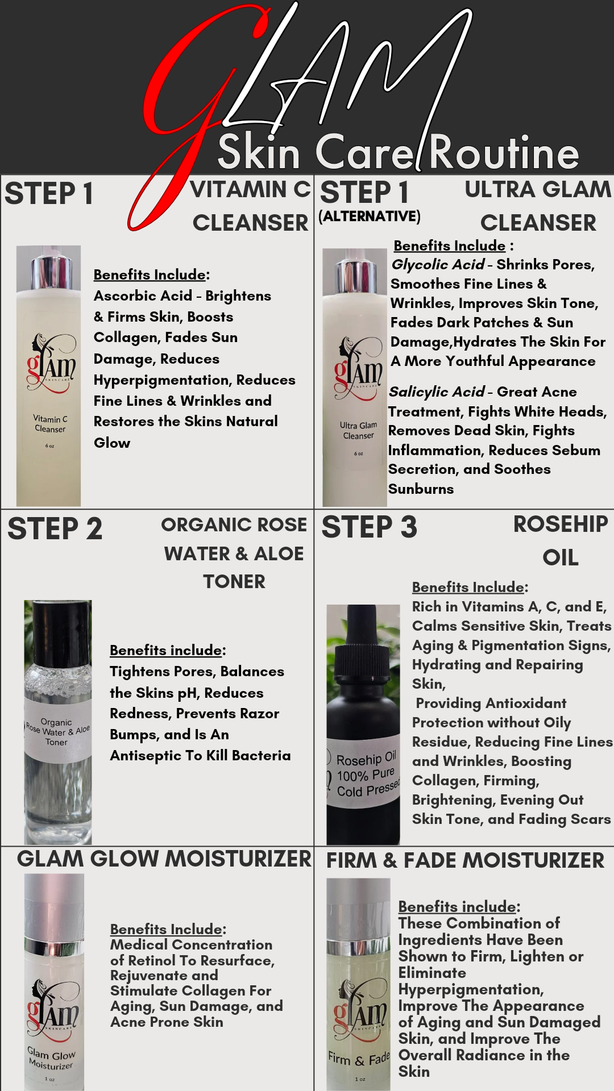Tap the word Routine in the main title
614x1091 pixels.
503,153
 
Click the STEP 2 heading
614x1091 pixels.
55,528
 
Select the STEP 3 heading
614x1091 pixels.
369,527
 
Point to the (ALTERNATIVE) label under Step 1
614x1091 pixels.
370,216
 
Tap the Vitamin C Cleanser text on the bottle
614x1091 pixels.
50,424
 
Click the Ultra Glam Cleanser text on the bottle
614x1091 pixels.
358,430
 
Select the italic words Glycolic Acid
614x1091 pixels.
438,265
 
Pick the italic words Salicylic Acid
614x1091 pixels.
437,392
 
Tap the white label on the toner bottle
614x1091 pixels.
57,732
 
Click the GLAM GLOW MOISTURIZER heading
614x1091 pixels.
164,859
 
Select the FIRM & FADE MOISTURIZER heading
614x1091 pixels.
465,860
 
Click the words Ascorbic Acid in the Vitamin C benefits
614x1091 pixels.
143,296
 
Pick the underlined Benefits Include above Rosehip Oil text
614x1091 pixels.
468,588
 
